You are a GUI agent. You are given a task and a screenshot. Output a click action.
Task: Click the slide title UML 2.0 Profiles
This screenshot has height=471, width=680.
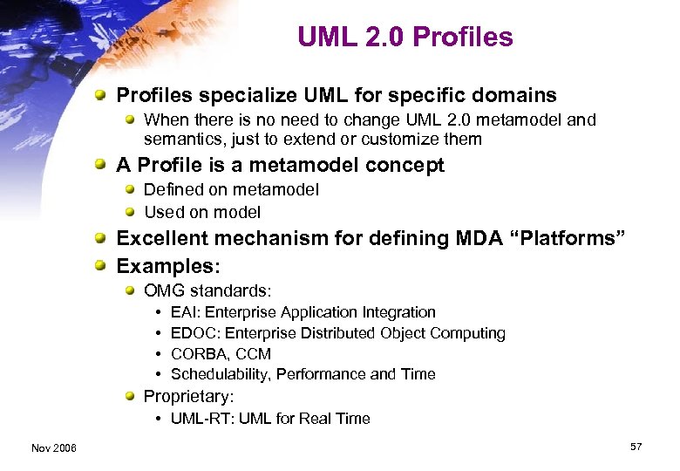(405, 37)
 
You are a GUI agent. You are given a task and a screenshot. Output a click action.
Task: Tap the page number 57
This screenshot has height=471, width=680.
(636, 447)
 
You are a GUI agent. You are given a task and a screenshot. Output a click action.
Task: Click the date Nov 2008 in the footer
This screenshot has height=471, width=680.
(53, 447)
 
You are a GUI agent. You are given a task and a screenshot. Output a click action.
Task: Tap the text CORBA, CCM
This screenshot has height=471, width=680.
(221, 354)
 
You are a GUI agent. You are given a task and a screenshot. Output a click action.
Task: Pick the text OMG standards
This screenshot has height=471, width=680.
(207, 290)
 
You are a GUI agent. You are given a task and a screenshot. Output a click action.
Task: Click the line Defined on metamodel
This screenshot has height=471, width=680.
(231, 189)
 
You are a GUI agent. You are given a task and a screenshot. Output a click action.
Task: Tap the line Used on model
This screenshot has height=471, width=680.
(202, 212)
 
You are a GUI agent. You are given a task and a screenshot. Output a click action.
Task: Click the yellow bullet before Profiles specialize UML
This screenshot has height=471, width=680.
(103, 95)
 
